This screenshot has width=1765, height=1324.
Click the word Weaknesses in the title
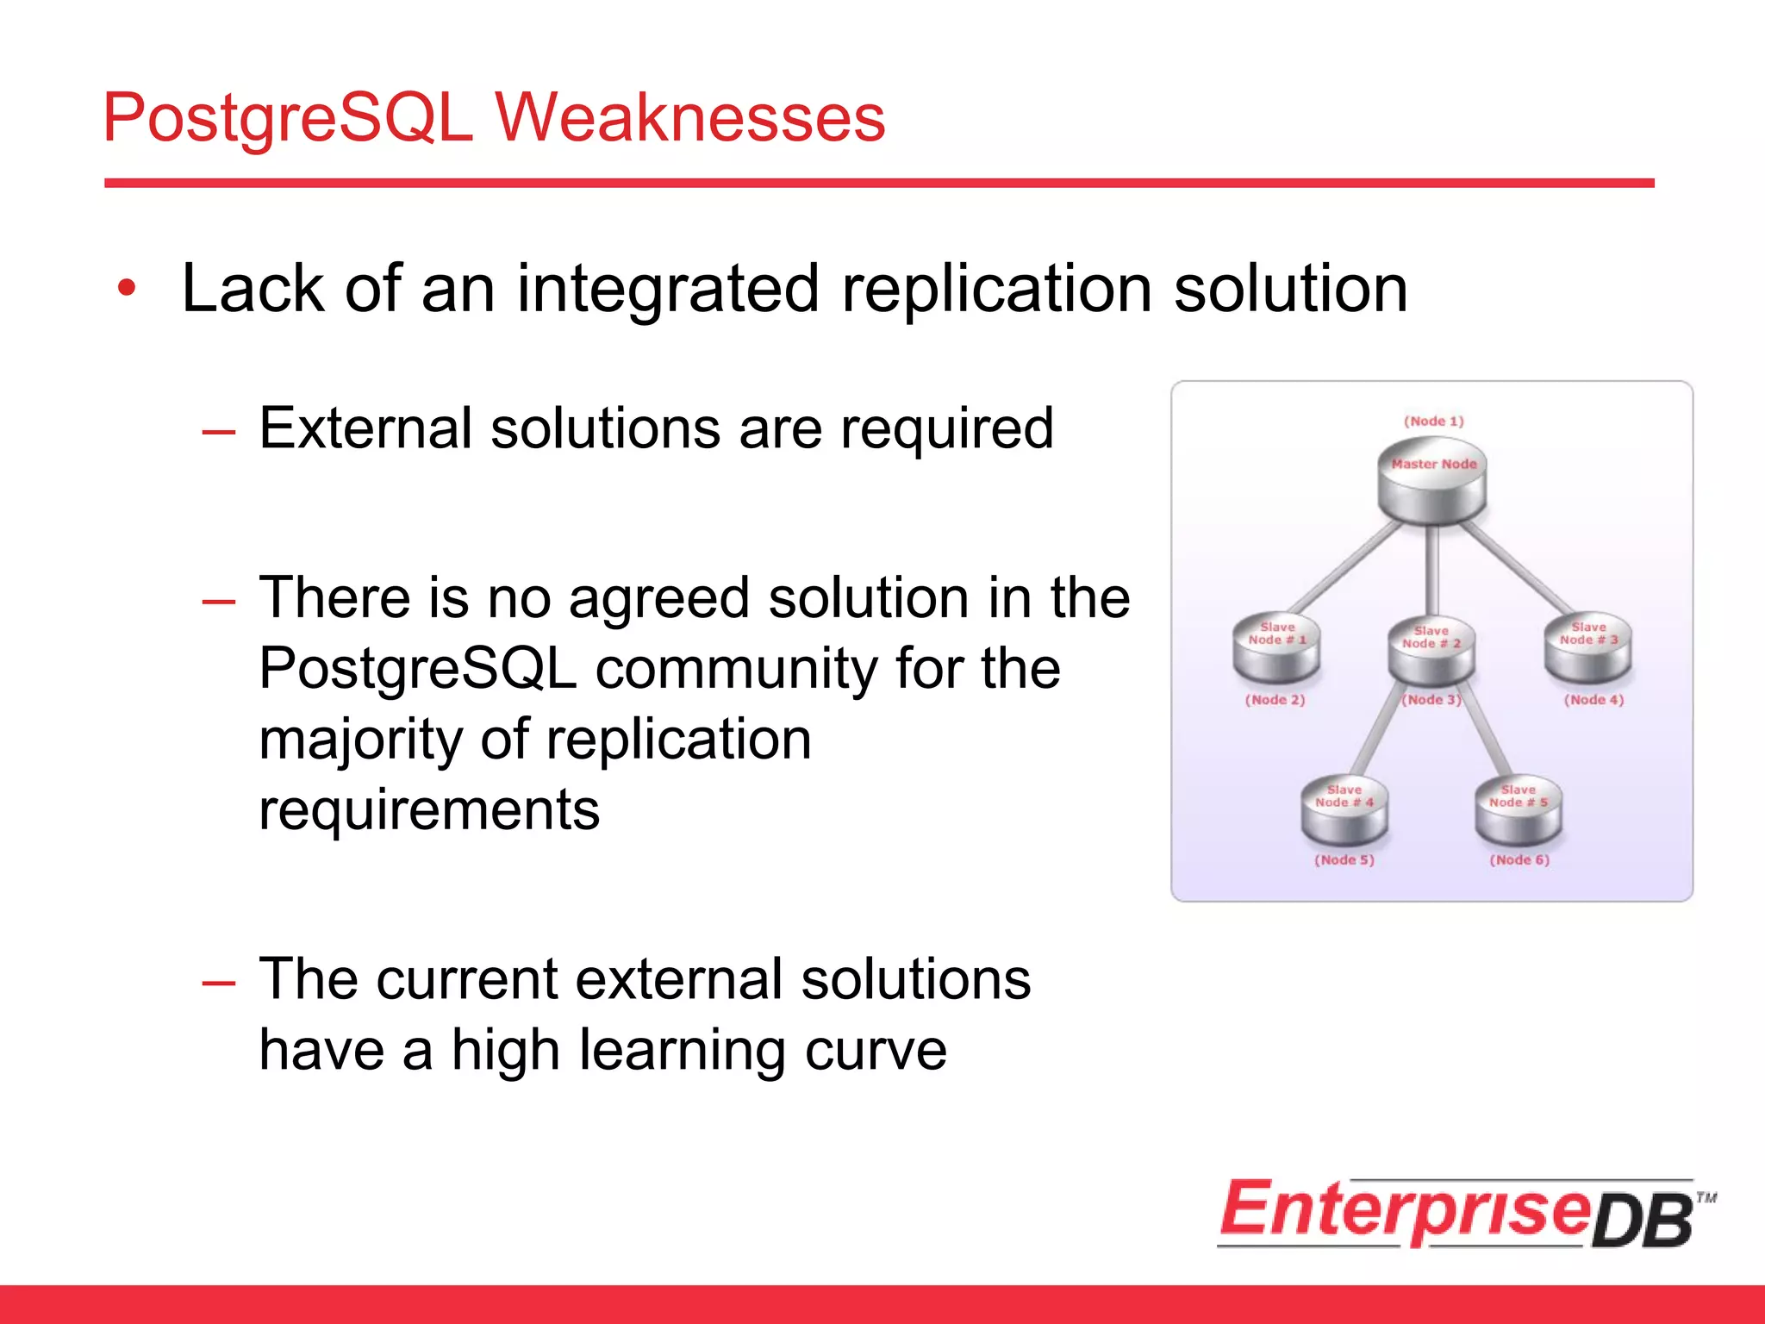pos(689,118)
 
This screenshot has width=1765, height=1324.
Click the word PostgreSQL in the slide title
pos(288,118)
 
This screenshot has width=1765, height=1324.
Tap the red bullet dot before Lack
pos(128,289)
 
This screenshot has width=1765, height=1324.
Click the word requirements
pos(429,810)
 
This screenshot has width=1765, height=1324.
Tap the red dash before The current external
pos(218,983)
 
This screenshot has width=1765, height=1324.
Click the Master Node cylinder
pos(1431,483)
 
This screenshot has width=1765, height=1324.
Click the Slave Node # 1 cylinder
pos(1276,648)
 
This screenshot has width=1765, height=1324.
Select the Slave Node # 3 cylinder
pos(1587,648)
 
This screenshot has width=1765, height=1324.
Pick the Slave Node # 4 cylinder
pos(1344,810)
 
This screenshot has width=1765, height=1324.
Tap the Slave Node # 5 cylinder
pos(1518,810)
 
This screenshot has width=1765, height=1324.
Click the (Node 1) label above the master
pos(1433,421)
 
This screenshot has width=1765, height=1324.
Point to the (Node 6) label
pos(1519,859)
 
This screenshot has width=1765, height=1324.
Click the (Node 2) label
pos(1275,700)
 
